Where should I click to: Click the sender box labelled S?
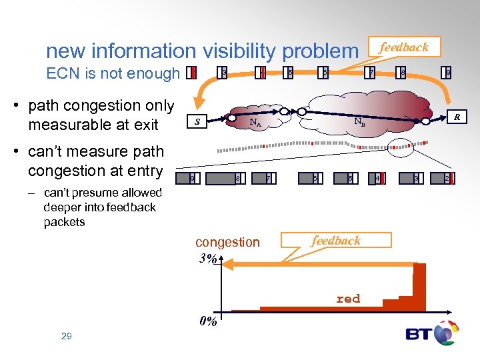point(197,121)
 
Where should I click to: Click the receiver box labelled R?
point(457,117)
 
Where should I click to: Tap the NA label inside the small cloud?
point(254,122)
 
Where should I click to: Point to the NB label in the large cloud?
point(359,122)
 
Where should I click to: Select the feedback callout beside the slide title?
point(404,47)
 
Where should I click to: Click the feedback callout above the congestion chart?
point(337,241)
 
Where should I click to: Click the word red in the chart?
point(348,299)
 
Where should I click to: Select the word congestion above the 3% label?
point(227,242)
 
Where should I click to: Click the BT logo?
point(432,333)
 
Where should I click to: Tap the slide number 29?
point(66,336)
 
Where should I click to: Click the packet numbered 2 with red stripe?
point(449,178)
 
